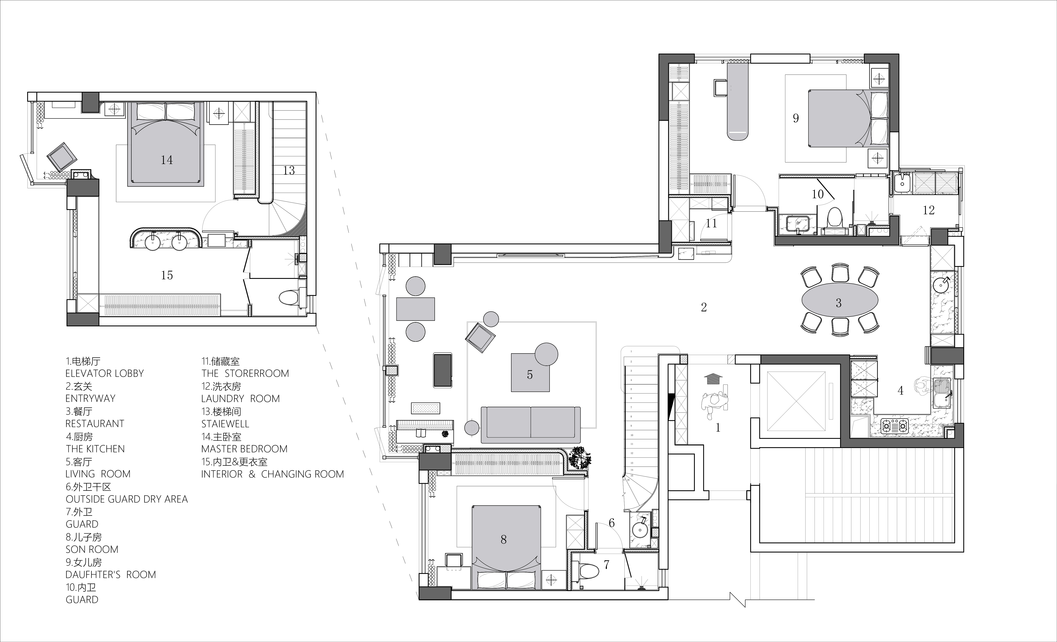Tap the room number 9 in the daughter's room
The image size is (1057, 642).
[796, 118]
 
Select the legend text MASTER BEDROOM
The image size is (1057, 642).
[245, 449]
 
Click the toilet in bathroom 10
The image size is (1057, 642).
[834, 218]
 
